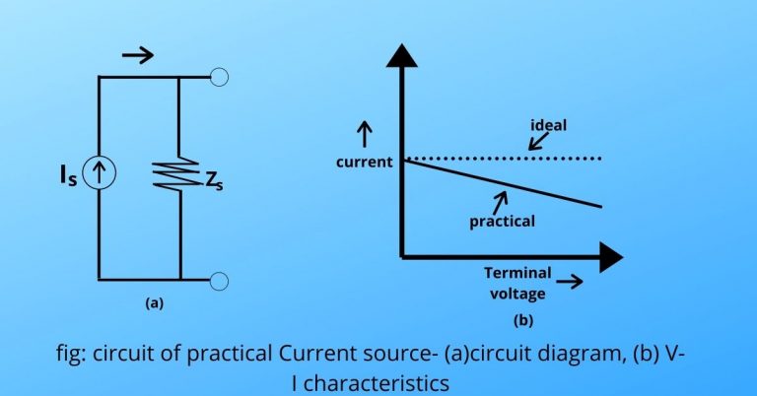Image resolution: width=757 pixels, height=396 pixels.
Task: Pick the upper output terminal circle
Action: click(x=220, y=77)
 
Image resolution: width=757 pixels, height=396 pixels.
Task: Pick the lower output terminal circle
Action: click(x=220, y=280)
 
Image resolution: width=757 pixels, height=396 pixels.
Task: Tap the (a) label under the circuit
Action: click(x=154, y=304)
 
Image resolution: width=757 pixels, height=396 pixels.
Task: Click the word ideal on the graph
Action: click(x=548, y=125)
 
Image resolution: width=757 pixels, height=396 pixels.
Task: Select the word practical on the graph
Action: click(x=502, y=221)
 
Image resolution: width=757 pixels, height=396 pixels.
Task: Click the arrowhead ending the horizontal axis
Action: click(x=610, y=258)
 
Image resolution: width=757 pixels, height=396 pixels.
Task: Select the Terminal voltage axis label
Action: click(x=517, y=283)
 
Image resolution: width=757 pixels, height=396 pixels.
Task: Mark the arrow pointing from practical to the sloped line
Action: click(x=502, y=201)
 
